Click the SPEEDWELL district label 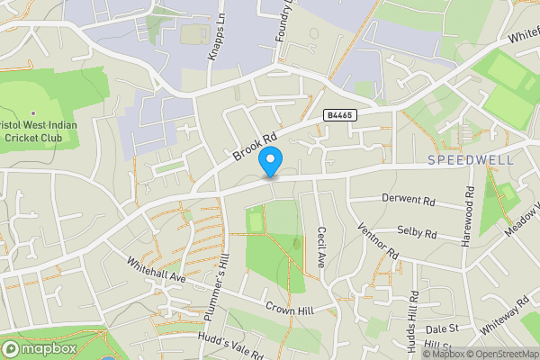(x=471, y=159)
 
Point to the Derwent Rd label (x=408, y=197)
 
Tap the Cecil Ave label (x=321, y=247)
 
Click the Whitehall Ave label (x=156, y=268)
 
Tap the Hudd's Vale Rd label (x=229, y=346)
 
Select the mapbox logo (x=39, y=348)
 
